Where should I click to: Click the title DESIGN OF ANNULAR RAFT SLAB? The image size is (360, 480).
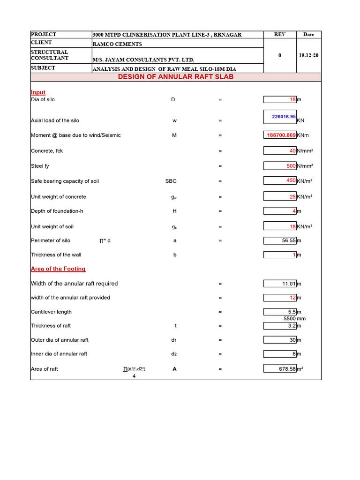tap(175, 77)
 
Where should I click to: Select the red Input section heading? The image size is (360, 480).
tap(38, 92)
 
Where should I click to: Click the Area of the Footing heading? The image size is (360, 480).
tap(58, 269)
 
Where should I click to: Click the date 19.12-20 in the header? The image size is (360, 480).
tap(308, 55)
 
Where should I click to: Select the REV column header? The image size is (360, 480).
tap(280, 35)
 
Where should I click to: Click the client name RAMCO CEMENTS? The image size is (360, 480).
tap(117, 44)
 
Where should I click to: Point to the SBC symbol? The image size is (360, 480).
tap(171, 181)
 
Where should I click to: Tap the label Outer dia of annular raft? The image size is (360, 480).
tap(60, 340)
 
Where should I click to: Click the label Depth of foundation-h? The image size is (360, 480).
tap(57, 211)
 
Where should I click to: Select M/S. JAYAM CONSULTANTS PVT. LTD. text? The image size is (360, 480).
tap(143, 60)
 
